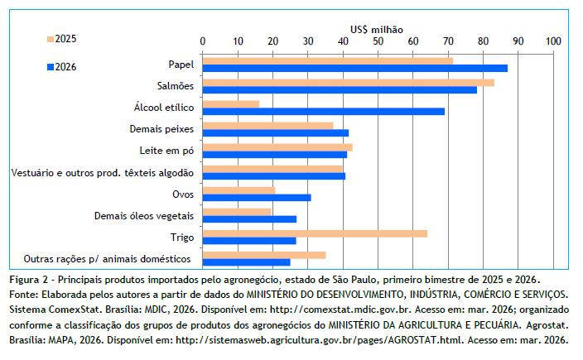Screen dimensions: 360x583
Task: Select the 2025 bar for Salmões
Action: [348, 82]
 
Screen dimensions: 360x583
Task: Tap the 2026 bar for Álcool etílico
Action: [323, 111]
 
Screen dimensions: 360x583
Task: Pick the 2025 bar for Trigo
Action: [315, 233]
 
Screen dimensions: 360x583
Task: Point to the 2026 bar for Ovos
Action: [257, 197]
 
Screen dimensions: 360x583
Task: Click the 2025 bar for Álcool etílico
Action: [231, 103]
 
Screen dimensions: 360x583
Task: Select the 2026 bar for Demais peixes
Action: [276, 132]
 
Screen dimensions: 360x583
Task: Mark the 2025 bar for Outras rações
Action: [264, 255]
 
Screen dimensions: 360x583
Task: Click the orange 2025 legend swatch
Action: [50, 39]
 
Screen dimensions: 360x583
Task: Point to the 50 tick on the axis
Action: [378, 41]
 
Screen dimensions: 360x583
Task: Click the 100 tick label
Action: [554, 41]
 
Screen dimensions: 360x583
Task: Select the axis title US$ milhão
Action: [378, 29]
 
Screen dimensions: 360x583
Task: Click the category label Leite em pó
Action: [166, 151]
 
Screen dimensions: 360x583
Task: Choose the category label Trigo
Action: [181, 237]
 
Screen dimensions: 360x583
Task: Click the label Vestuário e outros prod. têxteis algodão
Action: [103, 172]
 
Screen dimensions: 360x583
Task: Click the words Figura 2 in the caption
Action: [30, 278]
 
